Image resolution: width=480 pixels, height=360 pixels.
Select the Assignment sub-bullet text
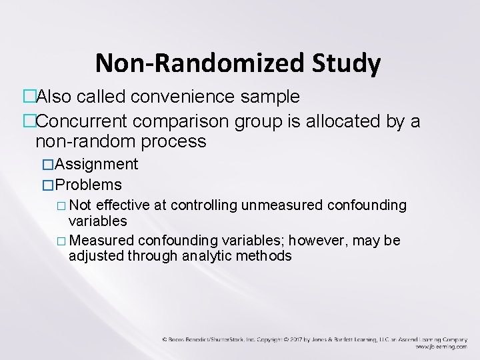point(97,164)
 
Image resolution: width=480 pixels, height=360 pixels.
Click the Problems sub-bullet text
point(89,185)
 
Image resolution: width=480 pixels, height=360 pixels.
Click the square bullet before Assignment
point(47,165)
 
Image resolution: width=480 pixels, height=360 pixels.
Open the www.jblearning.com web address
point(441,347)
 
